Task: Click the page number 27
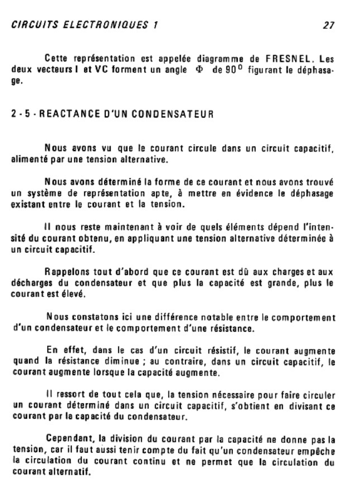coord(327,25)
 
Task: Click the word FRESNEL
coord(291,59)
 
